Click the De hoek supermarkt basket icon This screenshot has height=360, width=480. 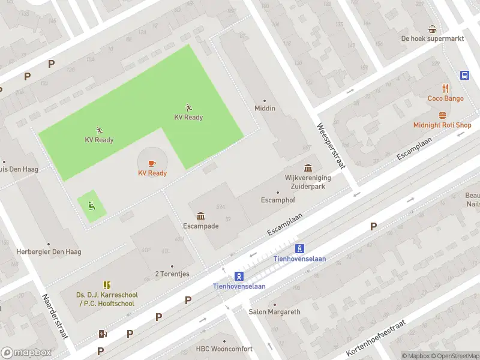coord(432,29)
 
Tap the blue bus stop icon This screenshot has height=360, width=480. coord(464,75)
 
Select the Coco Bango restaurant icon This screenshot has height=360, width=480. coord(445,88)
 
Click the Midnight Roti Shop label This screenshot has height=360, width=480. coord(442,125)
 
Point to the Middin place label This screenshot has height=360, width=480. coord(265,108)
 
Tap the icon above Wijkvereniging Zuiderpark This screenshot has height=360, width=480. coord(308,167)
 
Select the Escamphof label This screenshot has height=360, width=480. coord(277,200)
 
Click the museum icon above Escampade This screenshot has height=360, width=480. coord(200,216)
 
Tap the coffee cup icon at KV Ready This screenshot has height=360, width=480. coord(151,163)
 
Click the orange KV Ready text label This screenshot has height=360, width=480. coord(152,173)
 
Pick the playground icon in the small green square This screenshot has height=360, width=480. coord(91,206)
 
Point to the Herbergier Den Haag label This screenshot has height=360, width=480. coord(49,251)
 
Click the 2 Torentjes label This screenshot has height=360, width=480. coord(172,274)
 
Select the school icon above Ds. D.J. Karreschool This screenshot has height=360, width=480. coord(107,285)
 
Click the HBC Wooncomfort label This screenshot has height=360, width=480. coord(224,349)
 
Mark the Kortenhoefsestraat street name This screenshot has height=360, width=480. coord(376,338)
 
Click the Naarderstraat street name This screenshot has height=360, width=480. coord(55,316)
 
